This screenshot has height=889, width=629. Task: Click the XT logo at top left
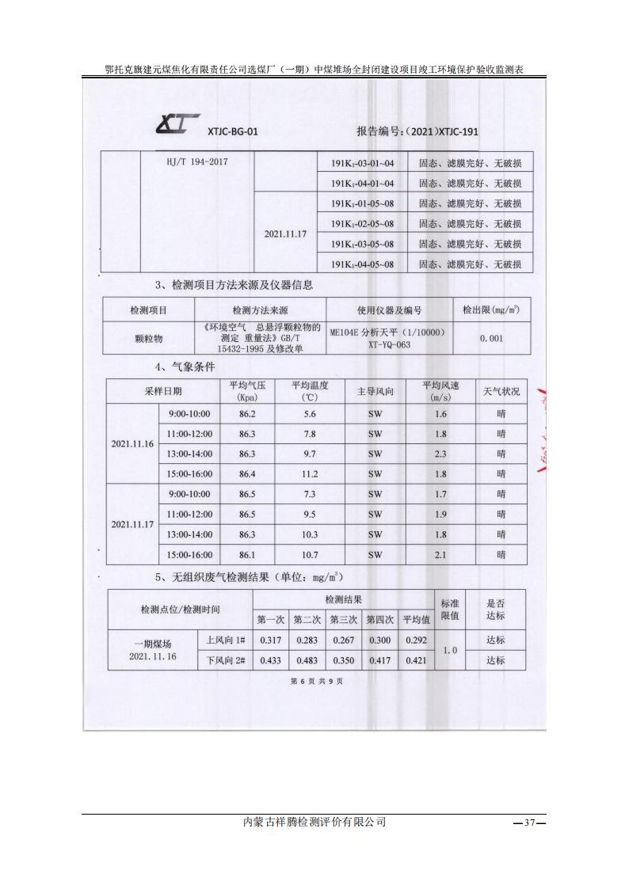pos(177,124)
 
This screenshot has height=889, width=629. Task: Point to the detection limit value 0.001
pos(491,338)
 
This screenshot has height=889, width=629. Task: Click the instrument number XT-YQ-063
pos(388,344)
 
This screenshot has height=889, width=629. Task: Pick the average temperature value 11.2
pos(310,473)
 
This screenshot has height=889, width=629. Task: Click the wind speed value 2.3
pos(440,454)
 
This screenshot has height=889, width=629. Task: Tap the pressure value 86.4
pos(247,473)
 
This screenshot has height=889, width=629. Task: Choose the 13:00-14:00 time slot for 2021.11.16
pos(189,454)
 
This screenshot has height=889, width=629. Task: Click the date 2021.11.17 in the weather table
pos(132,524)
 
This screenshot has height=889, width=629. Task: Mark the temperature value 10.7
pos(310,555)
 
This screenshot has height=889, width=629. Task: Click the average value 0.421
pos(415,660)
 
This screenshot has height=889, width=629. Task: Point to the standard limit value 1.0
pos(449,650)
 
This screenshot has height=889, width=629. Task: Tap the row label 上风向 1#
pos(226,640)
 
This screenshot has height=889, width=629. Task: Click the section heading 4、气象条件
pos(185,367)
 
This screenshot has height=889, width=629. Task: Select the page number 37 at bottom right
pos(530,823)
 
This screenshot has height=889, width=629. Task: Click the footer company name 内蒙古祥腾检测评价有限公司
pos(314,823)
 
